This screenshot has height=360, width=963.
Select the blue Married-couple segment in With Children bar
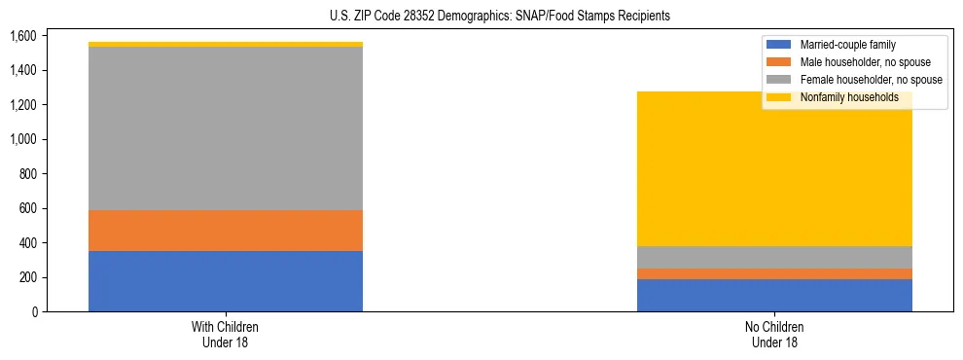click(x=226, y=281)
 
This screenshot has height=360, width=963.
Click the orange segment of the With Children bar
click(x=226, y=231)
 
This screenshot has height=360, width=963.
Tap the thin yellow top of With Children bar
click(x=226, y=44)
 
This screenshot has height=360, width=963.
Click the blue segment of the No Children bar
click(x=774, y=295)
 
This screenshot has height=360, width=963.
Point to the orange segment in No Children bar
click(x=774, y=273)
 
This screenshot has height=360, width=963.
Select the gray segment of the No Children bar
click(x=774, y=257)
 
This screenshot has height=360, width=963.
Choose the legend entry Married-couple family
click(x=854, y=45)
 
